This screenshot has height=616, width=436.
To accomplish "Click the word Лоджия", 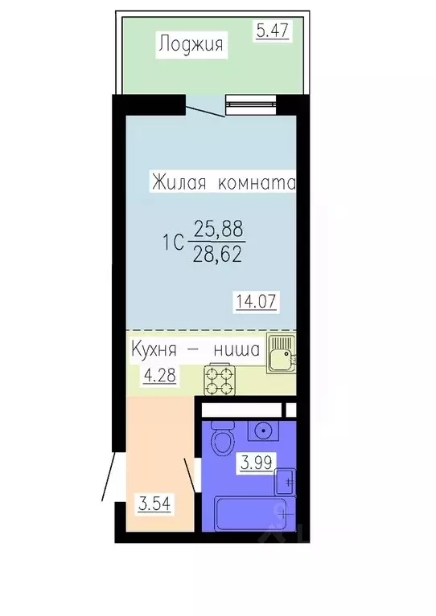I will pyautogui.click(x=191, y=44).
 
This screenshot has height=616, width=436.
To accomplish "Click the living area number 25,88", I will pyautogui.click(x=217, y=232).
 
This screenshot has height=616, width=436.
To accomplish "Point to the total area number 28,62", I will pyautogui.click(x=217, y=255).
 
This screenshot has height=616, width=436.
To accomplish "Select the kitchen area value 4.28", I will pyautogui.click(x=159, y=374).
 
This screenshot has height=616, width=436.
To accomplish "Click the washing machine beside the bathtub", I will pyautogui.click(x=285, y=481).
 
